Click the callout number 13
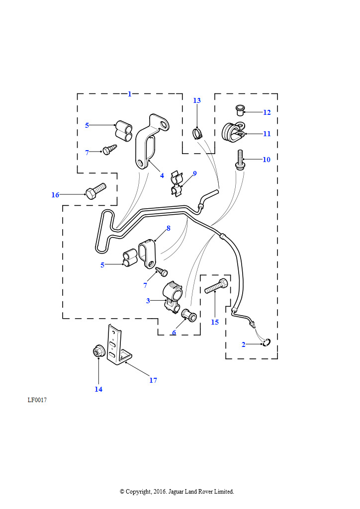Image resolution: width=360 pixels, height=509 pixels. [x=197, y=100]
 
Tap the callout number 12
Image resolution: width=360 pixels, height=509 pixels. [x=267, y=112]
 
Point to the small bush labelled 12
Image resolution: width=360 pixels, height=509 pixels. [x=239, y=110]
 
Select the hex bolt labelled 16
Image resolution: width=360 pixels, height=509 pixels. [x=95, y=191]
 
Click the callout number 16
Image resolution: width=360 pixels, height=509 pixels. [x=55, y=195]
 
